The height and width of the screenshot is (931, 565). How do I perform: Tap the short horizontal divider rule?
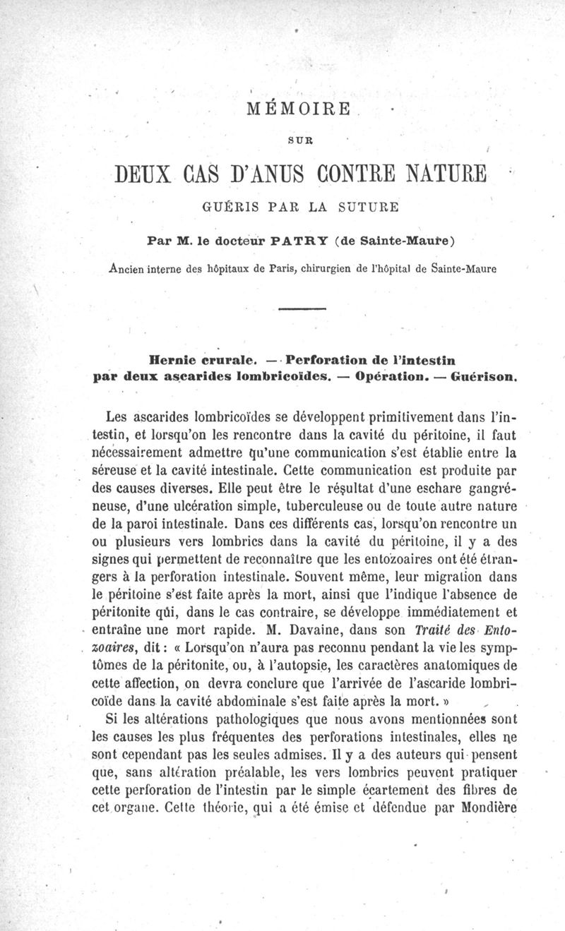coord(302,309)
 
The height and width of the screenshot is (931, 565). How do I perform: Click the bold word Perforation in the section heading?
coord(331,359)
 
